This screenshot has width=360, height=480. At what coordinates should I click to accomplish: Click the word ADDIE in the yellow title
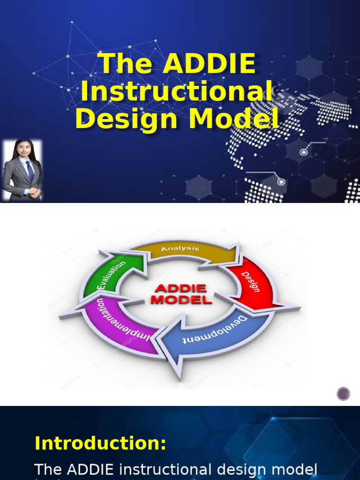[x=209, y=64]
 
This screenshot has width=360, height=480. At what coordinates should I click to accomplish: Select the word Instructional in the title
[x=177, y=91]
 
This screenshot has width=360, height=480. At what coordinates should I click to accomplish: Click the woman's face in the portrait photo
[x=23, y=150]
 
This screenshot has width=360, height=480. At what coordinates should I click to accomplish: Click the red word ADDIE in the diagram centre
[x=180, y=288]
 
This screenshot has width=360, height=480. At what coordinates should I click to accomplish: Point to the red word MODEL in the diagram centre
[x=181, y=300]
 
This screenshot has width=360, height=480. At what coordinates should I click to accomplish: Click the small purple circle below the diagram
[x=344, y=394]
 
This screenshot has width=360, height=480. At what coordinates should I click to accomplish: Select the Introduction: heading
[x=100, y=443]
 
